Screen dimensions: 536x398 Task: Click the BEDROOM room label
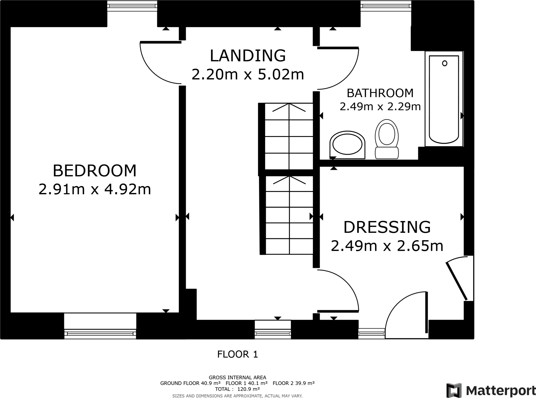pyautogui.click(x=95, y=171)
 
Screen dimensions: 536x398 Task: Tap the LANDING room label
pyautogui.click(x=248, y=56)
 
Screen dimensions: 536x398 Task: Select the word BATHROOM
pyautogui.click(x=380, y=93)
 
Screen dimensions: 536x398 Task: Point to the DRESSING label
pyautogui.click(x=387, y=227)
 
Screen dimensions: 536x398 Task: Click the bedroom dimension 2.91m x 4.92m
pyautogui.click(x=95, y=189)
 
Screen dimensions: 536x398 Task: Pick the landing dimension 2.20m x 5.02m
pyautogui.click(x=248, y=74)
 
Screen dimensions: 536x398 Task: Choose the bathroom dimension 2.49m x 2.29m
pyautogui.click(x=380, y=107)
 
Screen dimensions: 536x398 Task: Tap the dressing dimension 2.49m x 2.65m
pyautogui.click(x=387, y=246)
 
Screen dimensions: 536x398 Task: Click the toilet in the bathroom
pyautogui.click(x=387, y=139)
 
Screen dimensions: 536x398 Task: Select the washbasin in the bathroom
pyautogui.click(x=347, y=145)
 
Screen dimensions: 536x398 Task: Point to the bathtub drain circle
pyautogui.click(x=445, y=63)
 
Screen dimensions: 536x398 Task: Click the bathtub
pyautogui.click(x=444, y=99)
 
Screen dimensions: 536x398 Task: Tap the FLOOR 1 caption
pyautogui.click(x=238, y=354)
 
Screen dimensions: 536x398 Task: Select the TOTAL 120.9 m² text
pyautogui.click(x=237, y=389)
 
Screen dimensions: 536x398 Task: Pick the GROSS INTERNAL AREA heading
pyautogui.click(x=237, y=377)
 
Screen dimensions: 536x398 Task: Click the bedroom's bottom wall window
pyautogui.click(x=100, y=326)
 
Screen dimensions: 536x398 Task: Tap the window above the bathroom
pyautogui.click(x=386, y=6)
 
